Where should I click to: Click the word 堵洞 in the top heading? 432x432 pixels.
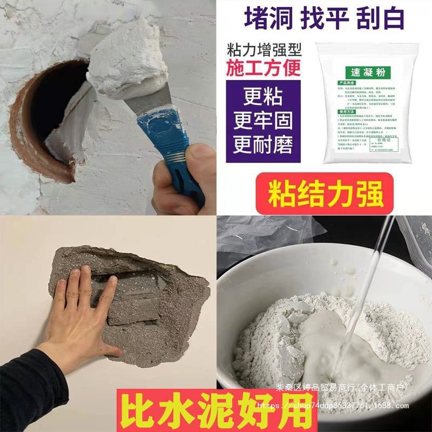click(x=268, y=19)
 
